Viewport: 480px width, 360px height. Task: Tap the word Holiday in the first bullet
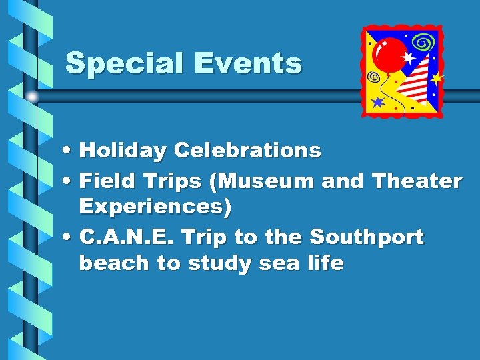(123, 151)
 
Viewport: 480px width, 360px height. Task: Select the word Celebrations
(247, 151)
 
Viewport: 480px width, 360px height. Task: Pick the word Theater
(417, 180)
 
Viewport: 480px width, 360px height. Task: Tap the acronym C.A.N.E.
(126, 237)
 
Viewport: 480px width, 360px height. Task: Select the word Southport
(366, 237)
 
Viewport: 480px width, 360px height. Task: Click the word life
(326, 263)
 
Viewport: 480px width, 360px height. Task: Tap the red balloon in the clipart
(391, 54)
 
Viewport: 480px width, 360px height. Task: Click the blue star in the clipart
(378, 101)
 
